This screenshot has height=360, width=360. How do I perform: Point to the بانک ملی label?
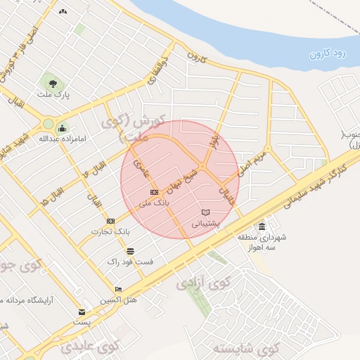(153, 202)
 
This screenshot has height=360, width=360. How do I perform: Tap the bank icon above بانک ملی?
(154, 192)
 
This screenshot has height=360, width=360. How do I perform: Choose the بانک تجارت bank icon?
(110, 221)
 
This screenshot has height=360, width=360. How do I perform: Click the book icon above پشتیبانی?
(205, 212)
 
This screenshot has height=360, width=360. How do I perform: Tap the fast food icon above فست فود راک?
(130, 250)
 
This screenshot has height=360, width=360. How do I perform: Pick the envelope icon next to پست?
(82, 311)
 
